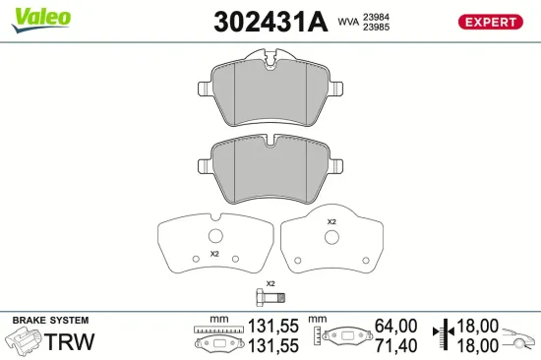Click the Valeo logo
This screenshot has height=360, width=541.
coord(40,17)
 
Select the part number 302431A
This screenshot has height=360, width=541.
coord(270,22)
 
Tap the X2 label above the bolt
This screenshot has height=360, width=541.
coord(270,283)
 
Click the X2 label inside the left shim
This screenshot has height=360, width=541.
coord(213,254)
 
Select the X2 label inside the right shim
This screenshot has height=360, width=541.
coord(331,222)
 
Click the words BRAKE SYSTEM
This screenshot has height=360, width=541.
coord(50,321)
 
